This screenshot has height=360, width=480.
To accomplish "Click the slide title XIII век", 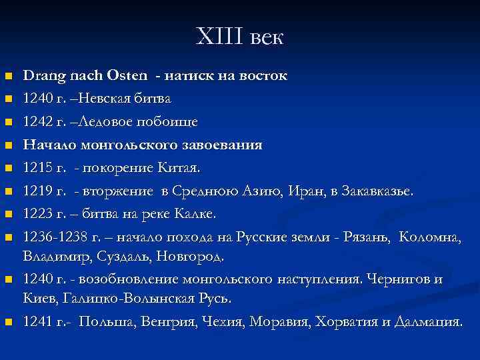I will [x=240, y=37].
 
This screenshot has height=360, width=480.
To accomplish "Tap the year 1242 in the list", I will [x=37, y=123].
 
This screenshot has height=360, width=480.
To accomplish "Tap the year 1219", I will [x=37, y=192].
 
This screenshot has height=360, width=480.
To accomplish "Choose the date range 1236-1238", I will [x=56, y=238].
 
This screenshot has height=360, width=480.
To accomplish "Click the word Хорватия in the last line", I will [x=355, y=322].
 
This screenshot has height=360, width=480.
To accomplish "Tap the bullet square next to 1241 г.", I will [x=8, y=323].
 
